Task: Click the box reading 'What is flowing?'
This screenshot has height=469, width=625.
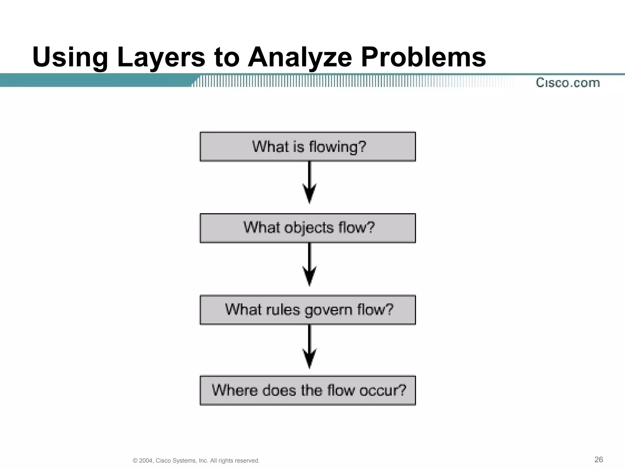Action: [308, 147]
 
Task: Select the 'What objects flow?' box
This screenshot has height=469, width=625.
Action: [308, 228]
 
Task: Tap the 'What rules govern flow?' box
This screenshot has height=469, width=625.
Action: [308, 310]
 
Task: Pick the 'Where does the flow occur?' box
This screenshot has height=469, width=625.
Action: [308, 391]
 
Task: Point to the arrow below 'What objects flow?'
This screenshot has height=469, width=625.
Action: [309, 264]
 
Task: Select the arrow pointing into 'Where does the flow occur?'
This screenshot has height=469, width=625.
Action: [309, 347]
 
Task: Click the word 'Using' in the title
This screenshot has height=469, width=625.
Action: [70, 57]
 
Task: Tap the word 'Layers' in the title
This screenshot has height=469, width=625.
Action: [161, 57]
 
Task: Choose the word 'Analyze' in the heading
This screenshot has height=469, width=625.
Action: [300, 57]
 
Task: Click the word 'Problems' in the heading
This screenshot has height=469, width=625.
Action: [423, 57]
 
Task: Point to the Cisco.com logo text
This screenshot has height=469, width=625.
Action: [568, 83]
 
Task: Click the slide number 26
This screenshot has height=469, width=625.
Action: [598, 460]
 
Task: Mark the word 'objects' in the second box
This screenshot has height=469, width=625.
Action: [309, 228]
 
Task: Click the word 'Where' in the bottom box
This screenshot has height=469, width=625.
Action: [235, 391]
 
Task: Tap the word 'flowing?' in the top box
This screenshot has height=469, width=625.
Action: [337, 147]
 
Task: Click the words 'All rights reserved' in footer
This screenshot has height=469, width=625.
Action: [235, 461]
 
